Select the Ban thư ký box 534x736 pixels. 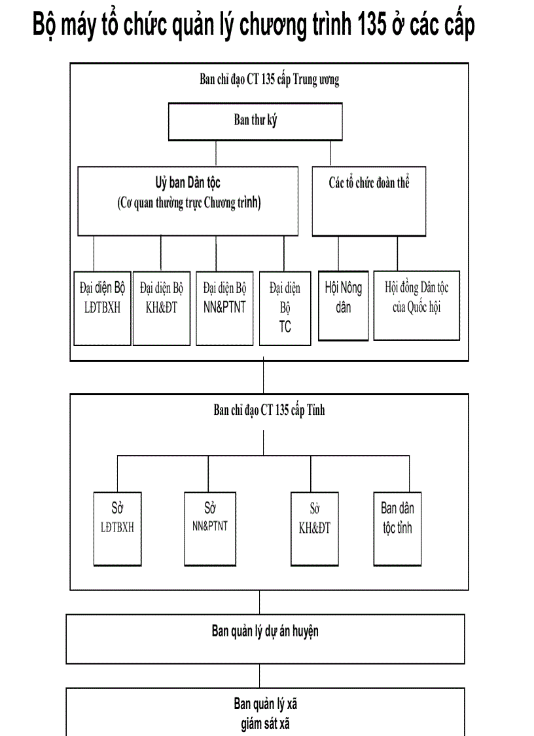coord(256,121)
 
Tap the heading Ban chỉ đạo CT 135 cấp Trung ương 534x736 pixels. coord(269,80)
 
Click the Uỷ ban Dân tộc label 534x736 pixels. coord(188,183)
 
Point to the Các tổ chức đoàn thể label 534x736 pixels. coord(369,183)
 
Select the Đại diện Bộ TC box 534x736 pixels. coord(285,308)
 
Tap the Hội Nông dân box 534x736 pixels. coord(344,305)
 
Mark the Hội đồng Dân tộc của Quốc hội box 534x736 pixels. coord(417,305)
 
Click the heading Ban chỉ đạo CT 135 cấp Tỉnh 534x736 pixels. coord(269,411)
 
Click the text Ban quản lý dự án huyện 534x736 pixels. coord(265,632)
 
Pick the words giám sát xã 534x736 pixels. coord(265,725)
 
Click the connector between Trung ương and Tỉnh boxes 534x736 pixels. coord(263,377)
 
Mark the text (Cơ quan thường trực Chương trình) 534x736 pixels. coord(189,203)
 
